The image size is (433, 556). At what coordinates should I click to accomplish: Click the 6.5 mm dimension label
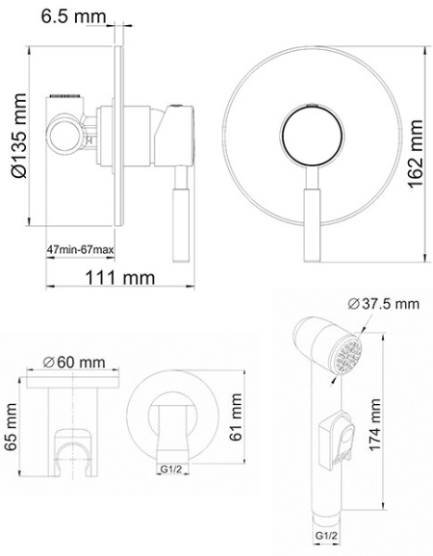[74, 16]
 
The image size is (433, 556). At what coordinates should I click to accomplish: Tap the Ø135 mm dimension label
[19, 135]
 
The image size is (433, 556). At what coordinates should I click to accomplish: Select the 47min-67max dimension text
[81, 250]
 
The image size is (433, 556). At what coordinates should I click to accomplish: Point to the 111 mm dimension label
[120, 277]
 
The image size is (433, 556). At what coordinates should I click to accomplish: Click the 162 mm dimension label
[416, 154]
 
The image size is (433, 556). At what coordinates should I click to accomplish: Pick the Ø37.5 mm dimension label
[383, 304]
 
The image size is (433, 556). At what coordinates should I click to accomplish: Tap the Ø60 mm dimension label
[74, 362]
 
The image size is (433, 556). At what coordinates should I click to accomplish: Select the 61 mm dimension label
[235, 417]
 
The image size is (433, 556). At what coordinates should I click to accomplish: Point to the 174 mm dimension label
[375, 425]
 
